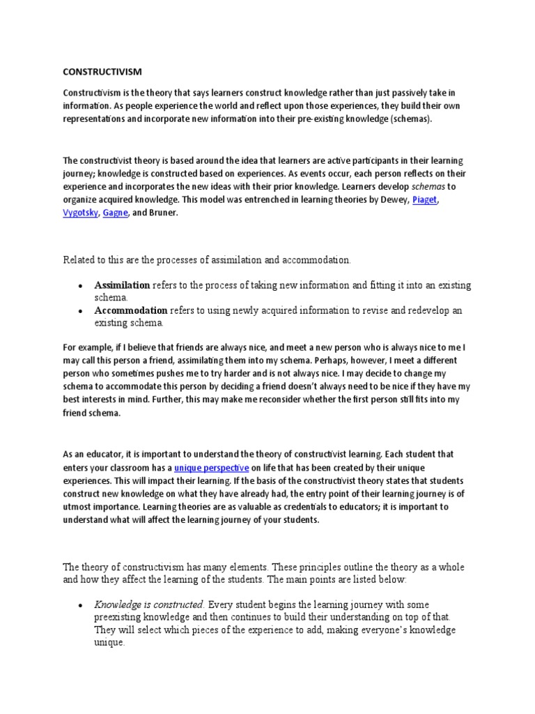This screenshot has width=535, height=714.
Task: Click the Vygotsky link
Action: (79, 213)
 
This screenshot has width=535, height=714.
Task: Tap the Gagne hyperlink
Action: (115, 213)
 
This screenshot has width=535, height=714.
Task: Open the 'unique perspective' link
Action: (211, 468)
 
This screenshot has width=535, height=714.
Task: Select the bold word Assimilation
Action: (122, 285)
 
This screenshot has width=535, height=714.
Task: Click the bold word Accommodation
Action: (130, 310)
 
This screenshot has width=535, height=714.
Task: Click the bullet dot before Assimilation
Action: (81, 286)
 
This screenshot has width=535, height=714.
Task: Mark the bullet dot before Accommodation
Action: (81, 311)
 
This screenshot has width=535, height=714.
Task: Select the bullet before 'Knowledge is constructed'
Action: (81, 605)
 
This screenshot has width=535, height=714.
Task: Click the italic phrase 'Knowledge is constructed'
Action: (149, 605)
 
